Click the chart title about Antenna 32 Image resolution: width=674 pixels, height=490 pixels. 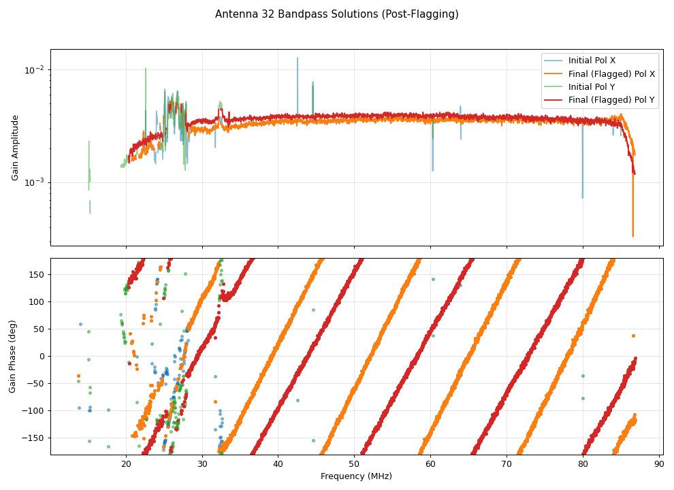tap(336, 14)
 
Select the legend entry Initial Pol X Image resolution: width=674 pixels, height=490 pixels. tap(592, 61)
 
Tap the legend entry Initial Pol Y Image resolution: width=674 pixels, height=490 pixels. tap(592, 87)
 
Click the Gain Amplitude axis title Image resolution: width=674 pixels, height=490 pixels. tap(15, 148)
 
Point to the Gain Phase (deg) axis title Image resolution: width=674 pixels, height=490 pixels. tap(13, 357)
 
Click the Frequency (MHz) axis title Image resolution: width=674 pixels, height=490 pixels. tap(356, 476)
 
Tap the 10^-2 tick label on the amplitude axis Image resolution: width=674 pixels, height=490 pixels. tap(34, 70)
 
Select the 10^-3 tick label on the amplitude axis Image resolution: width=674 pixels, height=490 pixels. tap(34, 182)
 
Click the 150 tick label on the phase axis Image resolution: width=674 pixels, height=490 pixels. tap(37, 274)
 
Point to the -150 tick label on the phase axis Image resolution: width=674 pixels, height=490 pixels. tap(35, 438)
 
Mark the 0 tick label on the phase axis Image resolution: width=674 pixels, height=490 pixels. tap(42, 356)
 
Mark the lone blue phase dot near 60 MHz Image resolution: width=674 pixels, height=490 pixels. tap(432, 279)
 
